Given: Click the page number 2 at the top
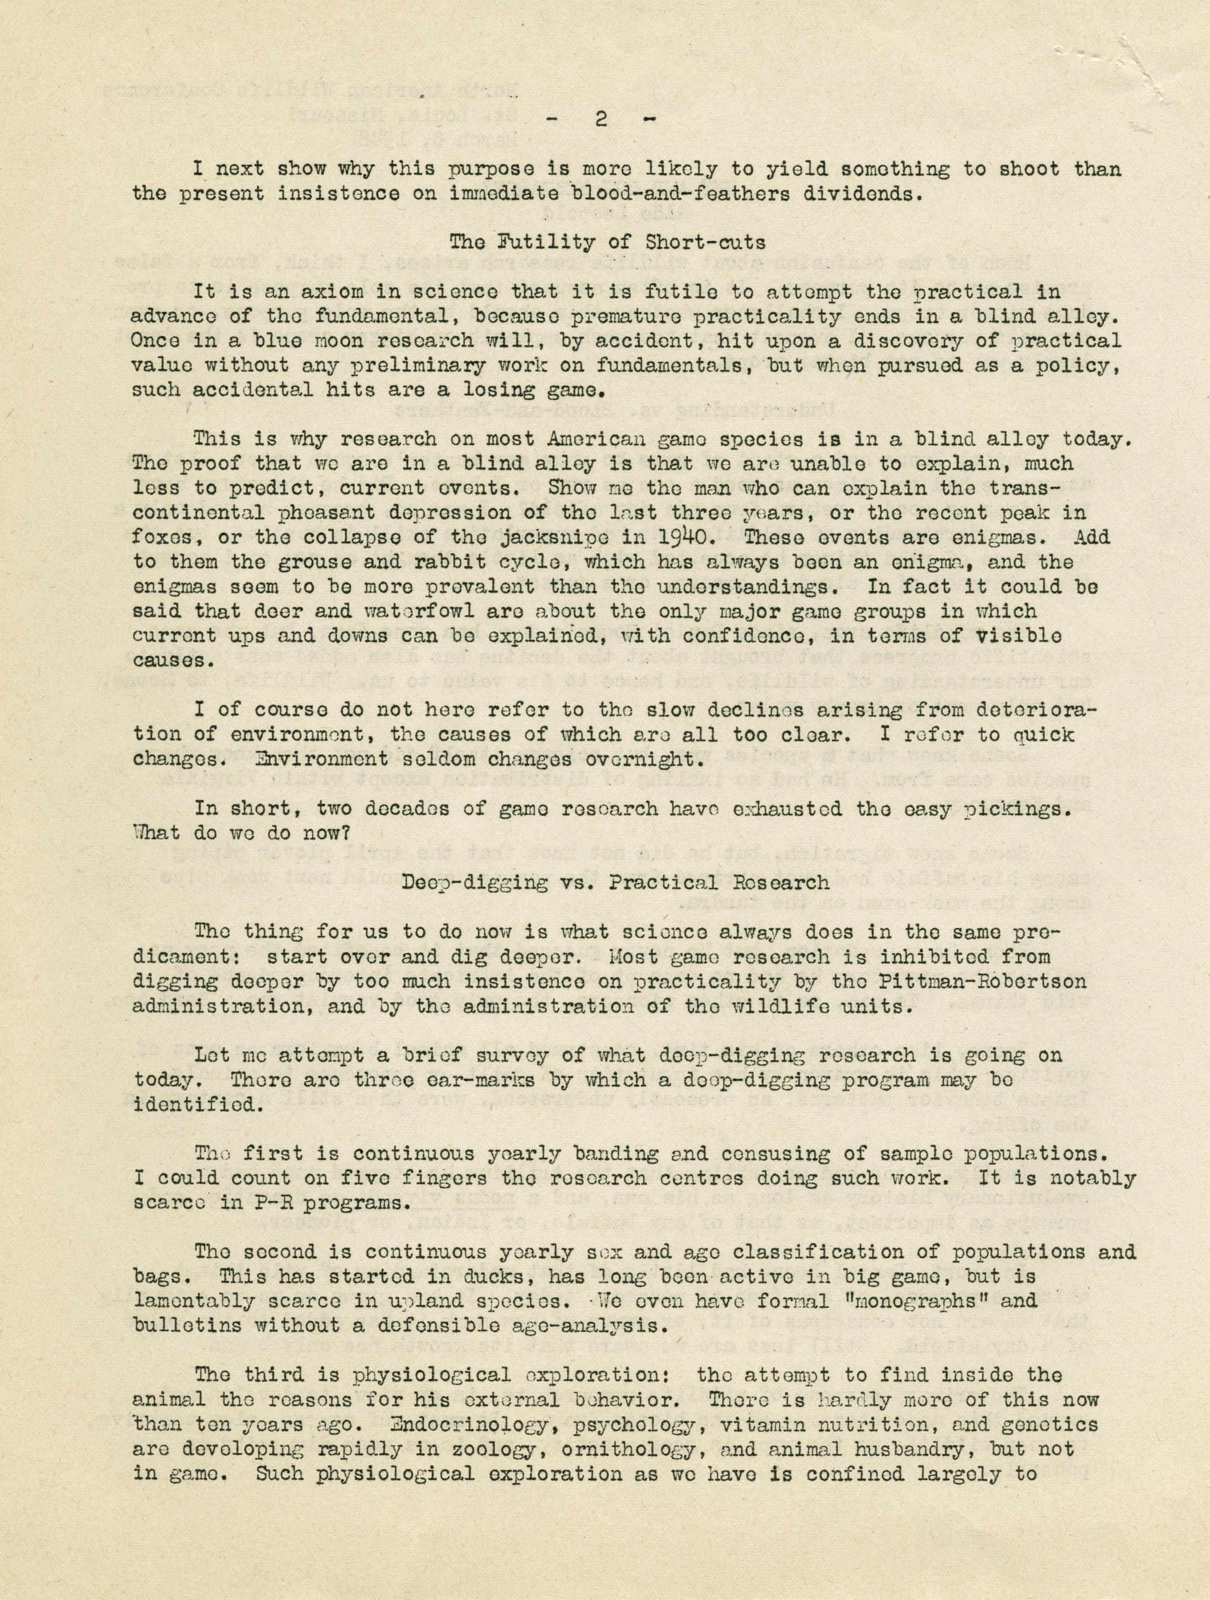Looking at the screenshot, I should [x=600, y=121].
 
